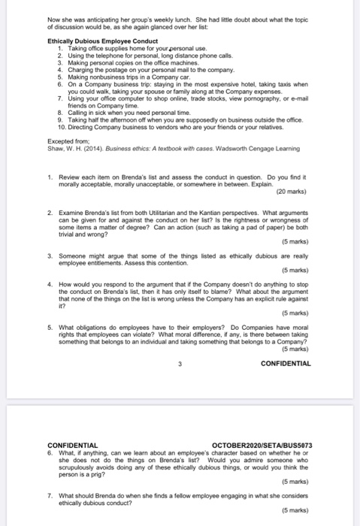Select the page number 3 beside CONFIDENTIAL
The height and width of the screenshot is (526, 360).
(x=180, y=363)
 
